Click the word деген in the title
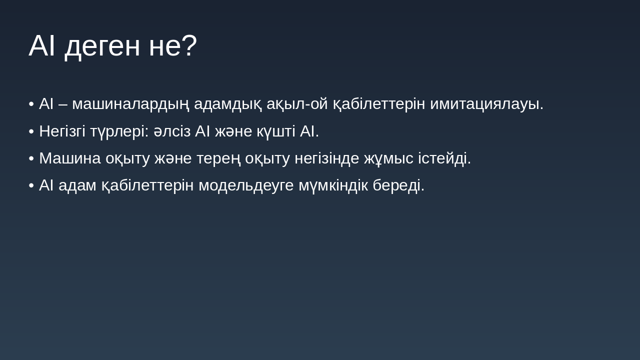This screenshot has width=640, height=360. [102, 46]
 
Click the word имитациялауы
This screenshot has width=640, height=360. [486, 104]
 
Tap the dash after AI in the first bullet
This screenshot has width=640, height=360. [63, 104]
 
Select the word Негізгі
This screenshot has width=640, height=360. [62, 131]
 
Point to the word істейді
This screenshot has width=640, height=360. [444, 158]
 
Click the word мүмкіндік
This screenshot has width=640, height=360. [333, 185]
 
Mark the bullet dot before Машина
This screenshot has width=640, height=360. [31, 158]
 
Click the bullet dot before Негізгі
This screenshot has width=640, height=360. [31, 131]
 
